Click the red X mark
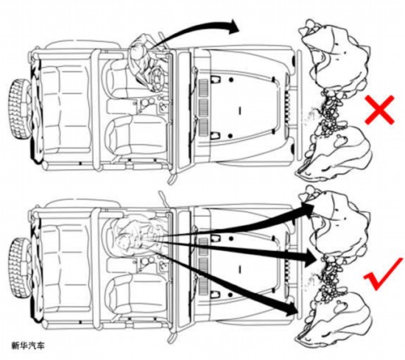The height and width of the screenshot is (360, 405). click(x=379, y=110)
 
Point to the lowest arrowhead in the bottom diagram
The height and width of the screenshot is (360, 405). click(x=290, y=308)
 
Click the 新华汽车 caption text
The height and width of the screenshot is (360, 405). click(x=28, y=345)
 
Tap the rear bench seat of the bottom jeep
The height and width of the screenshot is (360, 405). click(x=66, y=266)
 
